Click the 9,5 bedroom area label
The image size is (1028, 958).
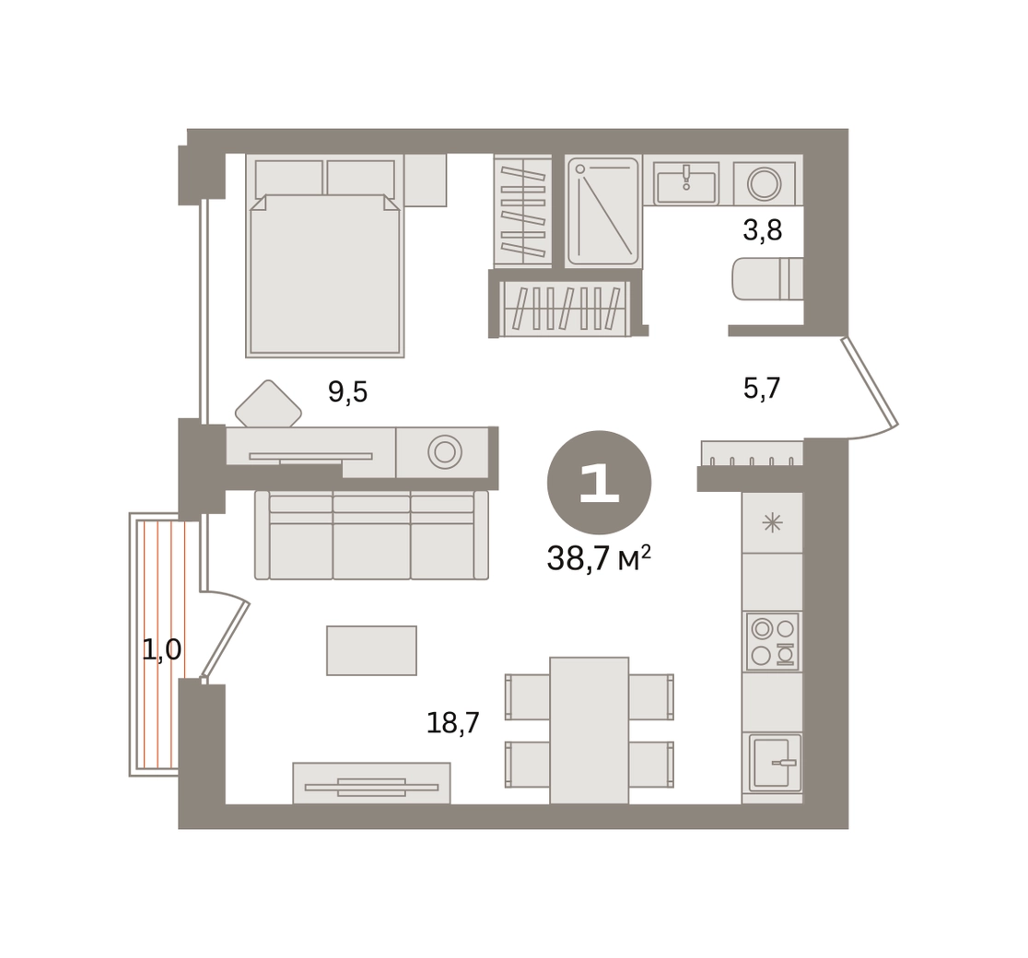(347, 392)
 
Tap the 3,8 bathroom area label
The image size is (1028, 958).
(763, 230)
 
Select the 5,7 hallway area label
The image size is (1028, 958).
(762, 388)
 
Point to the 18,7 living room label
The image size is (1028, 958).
(453, 722)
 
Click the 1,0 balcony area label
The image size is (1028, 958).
(162, 649)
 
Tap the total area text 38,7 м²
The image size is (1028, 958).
(599, 558)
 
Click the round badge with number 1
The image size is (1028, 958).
(600, 483)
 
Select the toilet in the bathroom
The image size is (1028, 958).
(767, 279)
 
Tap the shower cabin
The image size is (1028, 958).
(602, 211)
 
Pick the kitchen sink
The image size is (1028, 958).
(775, 763)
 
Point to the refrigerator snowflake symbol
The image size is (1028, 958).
(772, 523)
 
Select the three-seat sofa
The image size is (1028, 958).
(372, 535)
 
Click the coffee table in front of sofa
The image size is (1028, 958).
(372, 650)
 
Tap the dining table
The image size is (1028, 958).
(590, 730)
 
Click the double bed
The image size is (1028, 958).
(325, 256)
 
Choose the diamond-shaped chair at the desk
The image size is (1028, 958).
(268, 404)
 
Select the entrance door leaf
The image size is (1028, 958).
(870, 381)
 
